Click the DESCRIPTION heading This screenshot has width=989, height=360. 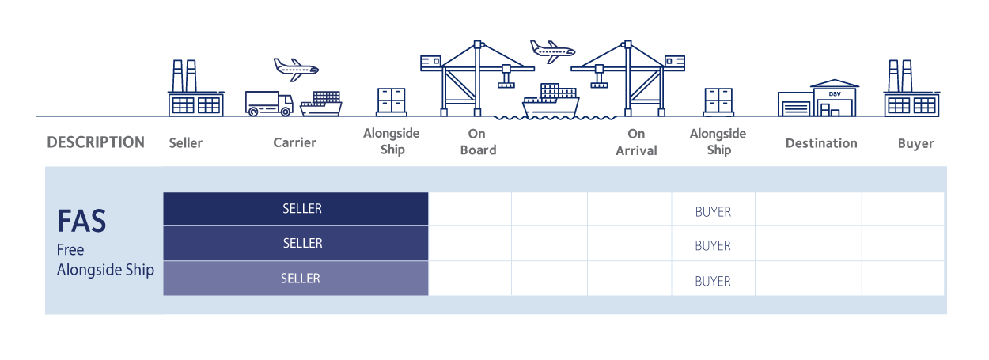96,142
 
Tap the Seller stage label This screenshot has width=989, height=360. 186,143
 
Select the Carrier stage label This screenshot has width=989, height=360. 294,142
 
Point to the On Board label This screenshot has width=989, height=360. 477,142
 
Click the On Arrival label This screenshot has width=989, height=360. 636,142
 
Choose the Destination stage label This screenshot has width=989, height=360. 821,143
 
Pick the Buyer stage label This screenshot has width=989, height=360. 915,143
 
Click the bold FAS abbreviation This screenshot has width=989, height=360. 81,221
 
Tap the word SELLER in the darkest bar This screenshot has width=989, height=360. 302,209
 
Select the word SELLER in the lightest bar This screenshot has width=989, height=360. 301,279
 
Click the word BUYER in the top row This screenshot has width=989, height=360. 713,212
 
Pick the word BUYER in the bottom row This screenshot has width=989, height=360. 713,281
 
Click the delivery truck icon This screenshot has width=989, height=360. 269,104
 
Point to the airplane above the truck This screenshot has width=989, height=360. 295,68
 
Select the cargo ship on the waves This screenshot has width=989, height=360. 551,102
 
